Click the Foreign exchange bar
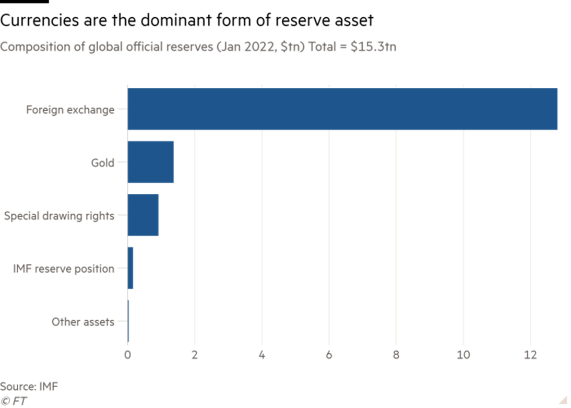(x=343, y=109)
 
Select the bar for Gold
(x=151, y=162)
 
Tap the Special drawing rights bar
(x=144, y=215)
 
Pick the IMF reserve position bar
(x=130, y=269)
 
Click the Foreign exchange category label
(x=70, y=110)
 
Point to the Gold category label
(x=102, y=163)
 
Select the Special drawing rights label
(x=59, y=216)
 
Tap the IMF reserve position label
(x=64, y=269)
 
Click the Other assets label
(x=83, y=322)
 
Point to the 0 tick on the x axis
(x=128, y=354)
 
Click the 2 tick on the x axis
(x=195, y=354)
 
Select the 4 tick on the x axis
(x=262, y=354)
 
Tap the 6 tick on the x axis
(x=329, y=354)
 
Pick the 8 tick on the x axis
(x=396, y=354)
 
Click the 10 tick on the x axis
(x=463, y=354)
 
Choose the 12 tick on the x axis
(x=530, y=354)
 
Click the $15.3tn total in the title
(x=373, y=47)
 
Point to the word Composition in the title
(x=28, y=47)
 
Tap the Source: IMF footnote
(x=29, y=387)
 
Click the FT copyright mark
(x=14, y=401)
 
